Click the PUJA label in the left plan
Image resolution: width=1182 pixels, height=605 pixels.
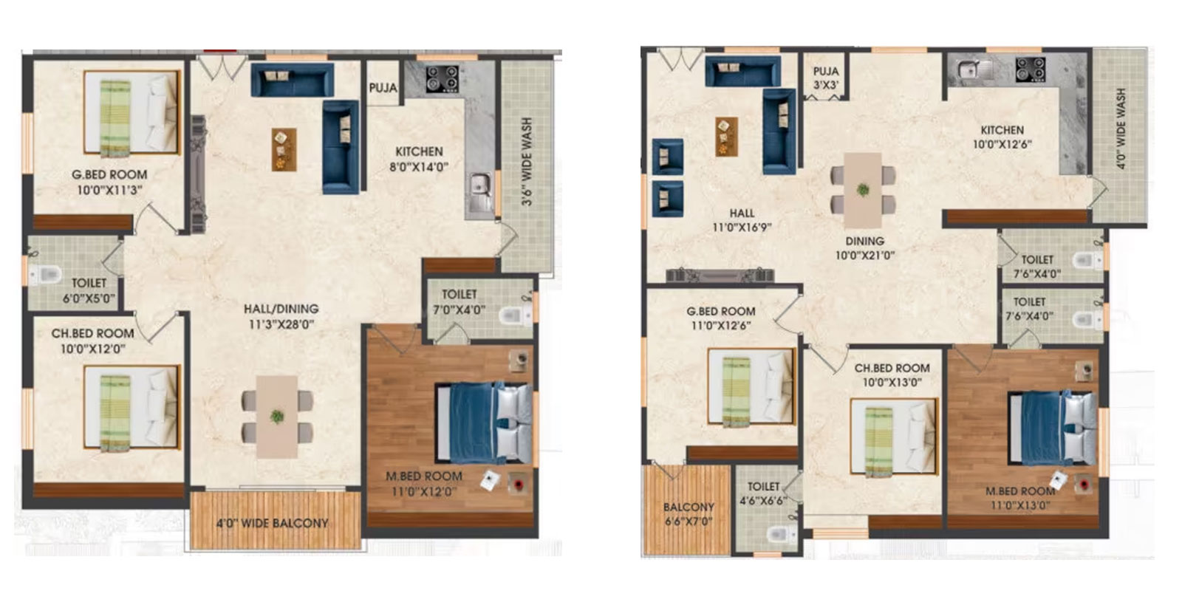coord(383,88)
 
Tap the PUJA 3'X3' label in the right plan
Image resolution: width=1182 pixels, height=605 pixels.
coord(826,78)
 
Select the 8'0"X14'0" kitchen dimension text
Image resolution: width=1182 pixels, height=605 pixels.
coord(419,168)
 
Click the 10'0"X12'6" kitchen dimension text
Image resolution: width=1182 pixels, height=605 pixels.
coord(1002,145)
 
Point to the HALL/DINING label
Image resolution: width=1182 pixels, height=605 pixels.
coord(281,309)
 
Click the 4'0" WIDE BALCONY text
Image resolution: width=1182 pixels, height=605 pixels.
coord(273,523)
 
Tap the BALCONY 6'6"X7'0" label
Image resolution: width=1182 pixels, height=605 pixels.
coord(689,514)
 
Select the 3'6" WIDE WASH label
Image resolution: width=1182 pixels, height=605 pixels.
coord(526,161)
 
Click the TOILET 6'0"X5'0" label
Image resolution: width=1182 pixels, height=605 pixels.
coord(89,290)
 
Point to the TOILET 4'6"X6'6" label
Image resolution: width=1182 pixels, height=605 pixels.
coord(764,493)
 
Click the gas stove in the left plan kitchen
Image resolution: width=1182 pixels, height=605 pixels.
coord(443,78)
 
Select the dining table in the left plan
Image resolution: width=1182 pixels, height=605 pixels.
coord(277,416)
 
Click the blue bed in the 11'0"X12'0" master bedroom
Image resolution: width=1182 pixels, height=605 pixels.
coord(483,423)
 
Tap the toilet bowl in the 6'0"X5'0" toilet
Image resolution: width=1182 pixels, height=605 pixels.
coord(44,274)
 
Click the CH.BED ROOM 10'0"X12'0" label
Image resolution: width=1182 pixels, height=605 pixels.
coord(92,341)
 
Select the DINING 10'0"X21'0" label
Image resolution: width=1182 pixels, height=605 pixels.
coord(865,248)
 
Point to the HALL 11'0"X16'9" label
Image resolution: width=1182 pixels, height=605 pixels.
coord(742,220)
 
